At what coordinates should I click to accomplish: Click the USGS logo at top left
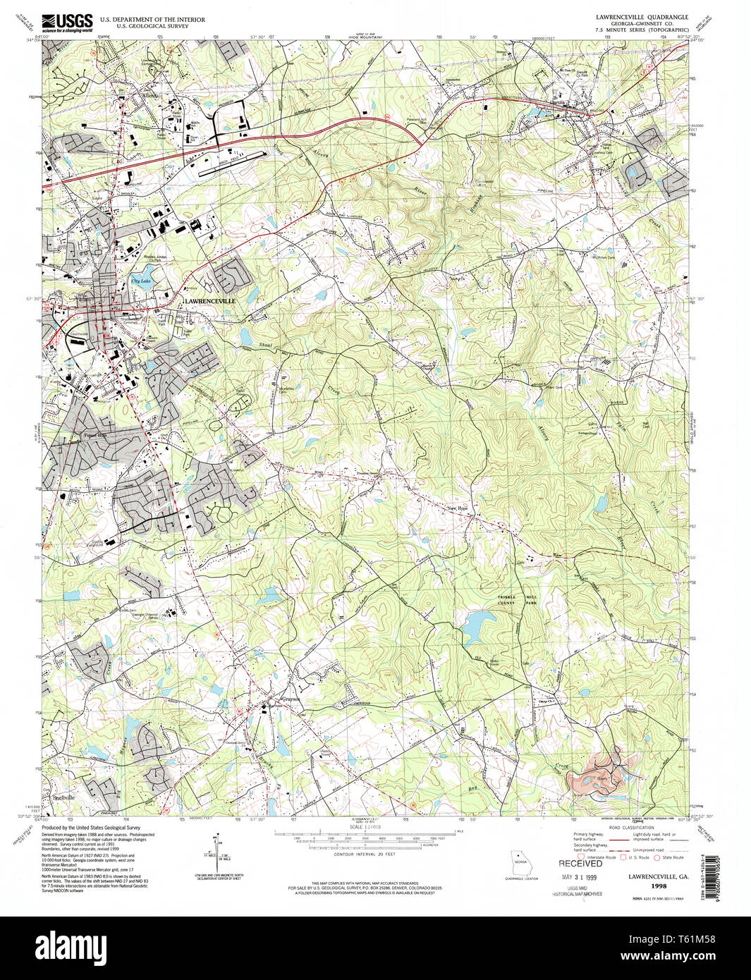[x=67, y=23]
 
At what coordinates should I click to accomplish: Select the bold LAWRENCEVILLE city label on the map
[x=209, y=301]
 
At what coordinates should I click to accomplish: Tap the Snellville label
[x=64, y=796]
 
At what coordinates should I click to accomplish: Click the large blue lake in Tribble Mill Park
[x=480, y=623]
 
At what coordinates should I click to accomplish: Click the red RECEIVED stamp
[x=580, y=863]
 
